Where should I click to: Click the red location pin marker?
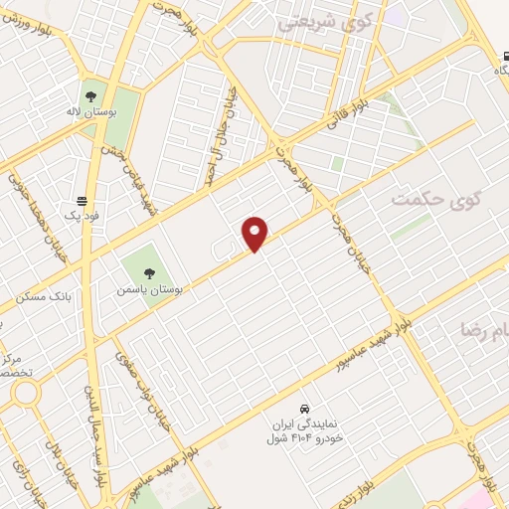tap(255, 233)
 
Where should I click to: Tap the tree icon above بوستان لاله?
tap(91, 97)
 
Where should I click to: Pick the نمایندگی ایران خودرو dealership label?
tap(306, 430)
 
